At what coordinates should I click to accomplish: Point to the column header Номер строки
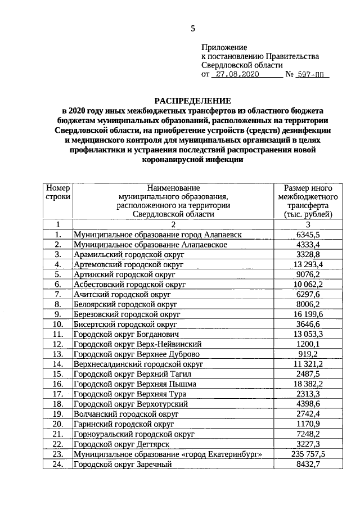point(58,192)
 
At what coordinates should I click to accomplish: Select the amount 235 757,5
point(308,454)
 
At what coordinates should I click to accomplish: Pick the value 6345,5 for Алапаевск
point(308,235)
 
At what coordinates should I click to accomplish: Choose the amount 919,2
point(308,354)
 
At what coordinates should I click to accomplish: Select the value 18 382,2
point(308,384)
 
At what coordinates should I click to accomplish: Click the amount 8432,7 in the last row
point(308,464)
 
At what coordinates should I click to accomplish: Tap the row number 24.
point(58,464)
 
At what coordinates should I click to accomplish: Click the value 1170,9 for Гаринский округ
point(308,424)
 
